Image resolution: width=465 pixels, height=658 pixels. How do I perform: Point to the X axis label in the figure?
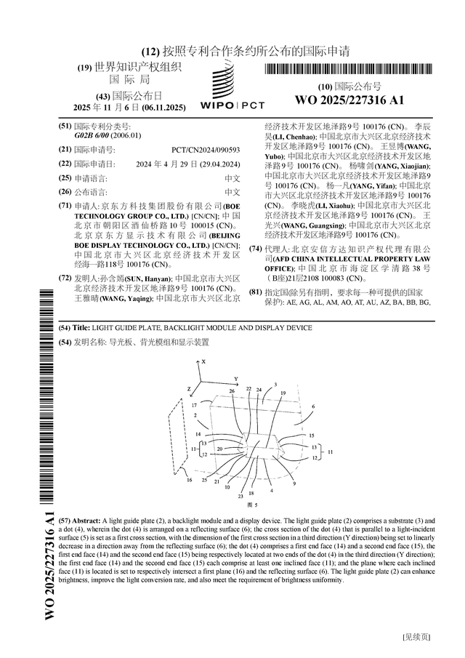204,361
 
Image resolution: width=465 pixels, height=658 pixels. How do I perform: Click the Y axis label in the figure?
235,379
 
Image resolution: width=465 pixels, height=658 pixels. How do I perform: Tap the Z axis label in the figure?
188,390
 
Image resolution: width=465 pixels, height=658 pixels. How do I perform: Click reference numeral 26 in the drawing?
232,391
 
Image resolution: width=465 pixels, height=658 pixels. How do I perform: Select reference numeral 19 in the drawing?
283,393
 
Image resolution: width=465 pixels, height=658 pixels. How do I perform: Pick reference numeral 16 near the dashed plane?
190,480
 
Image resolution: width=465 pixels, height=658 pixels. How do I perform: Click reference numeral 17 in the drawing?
194,404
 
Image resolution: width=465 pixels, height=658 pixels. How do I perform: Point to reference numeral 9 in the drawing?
294,484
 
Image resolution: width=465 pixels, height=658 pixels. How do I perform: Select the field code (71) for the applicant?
65,206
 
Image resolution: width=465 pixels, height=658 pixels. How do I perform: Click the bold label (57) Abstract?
86,522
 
